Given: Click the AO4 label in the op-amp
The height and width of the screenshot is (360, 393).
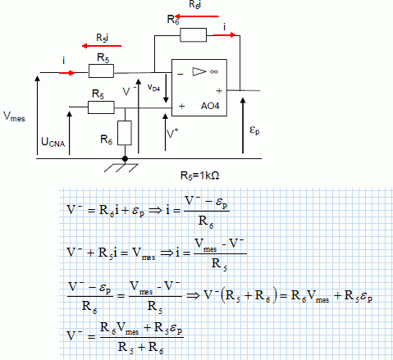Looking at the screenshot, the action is (x=210, y=106).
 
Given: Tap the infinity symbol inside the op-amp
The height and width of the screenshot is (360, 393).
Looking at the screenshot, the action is (x=214, y=71).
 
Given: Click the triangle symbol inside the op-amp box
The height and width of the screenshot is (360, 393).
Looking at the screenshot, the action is (x=199, y=71).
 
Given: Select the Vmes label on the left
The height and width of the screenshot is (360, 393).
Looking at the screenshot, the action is (x=14, y=116).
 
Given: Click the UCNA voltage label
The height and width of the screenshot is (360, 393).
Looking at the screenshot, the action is (x=53, y=142).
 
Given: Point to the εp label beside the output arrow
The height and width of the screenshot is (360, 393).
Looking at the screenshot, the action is (x=254, y=130).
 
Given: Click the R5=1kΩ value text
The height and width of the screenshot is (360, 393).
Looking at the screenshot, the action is (x=200, y=175).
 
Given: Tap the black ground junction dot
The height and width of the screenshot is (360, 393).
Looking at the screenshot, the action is (x=125, y=158).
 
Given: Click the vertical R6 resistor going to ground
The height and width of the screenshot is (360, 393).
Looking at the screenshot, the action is (x=125, y=133).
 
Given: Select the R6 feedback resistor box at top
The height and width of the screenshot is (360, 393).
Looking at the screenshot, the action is (x=194, y=35).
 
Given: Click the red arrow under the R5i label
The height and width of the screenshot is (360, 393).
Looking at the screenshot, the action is (x=102, y=46).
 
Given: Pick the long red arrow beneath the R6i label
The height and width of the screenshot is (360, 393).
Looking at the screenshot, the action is (x=197, y=16).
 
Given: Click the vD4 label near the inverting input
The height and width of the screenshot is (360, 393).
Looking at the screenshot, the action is (x=153, y=88).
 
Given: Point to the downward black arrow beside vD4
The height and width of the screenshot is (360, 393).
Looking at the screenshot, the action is (x=166, y=88).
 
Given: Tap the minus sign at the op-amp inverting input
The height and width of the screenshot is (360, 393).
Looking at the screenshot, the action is (x=181, y=74).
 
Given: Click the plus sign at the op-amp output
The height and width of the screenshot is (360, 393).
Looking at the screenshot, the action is (x=219, y=91).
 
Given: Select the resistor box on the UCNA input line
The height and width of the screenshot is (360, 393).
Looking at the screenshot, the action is (x=101, y=107).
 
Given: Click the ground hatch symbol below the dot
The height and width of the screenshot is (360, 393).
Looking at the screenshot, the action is (x=121, y=168).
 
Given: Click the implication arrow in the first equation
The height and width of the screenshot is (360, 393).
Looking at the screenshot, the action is (x=155, y=211).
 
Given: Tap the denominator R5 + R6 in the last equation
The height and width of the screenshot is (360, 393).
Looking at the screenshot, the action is (x=141, y=348).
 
